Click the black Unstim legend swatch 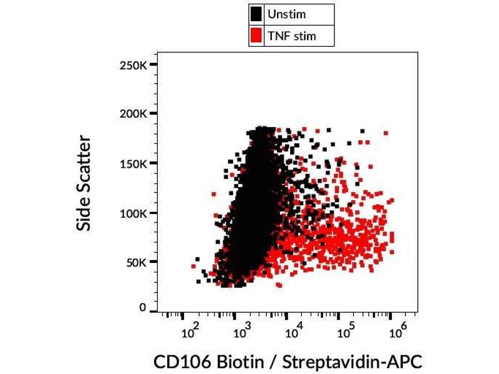pos(256,14)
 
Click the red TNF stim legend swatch pos(256,36)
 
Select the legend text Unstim pos(286,14)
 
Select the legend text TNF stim pos(291,36)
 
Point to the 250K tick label pos(133,65)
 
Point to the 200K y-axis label pos(133,115)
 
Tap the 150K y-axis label pos(133,164)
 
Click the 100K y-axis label pos(133,213)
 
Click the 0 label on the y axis pos(143,308)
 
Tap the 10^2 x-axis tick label pos(190,332)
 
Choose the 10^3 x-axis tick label pos(242,332)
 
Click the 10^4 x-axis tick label pos(294,332)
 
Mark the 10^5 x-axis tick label pos(346,332)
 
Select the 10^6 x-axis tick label pos(397,332)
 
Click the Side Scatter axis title pos(84,185)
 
